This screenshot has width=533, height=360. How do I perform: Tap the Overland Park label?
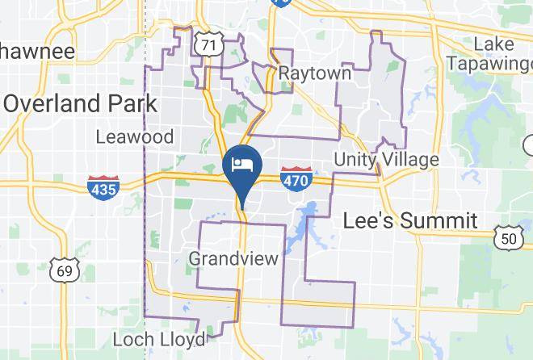80,103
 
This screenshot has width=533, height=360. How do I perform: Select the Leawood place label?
134,137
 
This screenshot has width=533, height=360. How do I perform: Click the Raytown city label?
315,73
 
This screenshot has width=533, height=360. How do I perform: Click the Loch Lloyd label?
159,339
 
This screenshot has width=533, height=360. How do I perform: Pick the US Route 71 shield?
209,45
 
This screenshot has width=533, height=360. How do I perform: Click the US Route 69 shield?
63,270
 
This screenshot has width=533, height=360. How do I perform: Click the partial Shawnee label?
37,52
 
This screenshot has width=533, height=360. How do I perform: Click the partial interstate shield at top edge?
280,3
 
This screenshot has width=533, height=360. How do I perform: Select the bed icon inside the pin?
241,164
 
